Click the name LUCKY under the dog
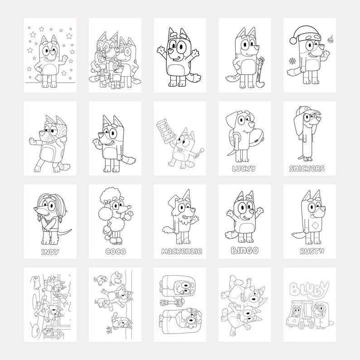tap(244, 168)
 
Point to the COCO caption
tap(114, 251)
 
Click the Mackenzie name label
tap(180, 251)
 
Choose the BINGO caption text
tap(244, 250)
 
